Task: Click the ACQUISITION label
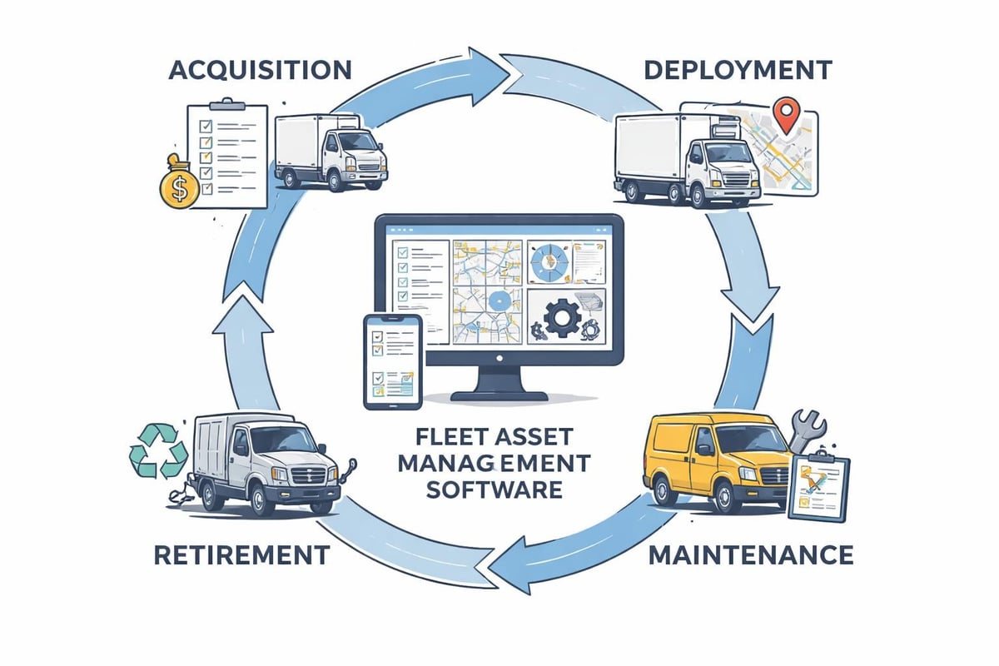[259, 69]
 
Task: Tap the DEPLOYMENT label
[738, 69]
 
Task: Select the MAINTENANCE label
[750, 554]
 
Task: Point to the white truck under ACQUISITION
[329, 152]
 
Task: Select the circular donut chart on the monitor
[548, 261]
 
